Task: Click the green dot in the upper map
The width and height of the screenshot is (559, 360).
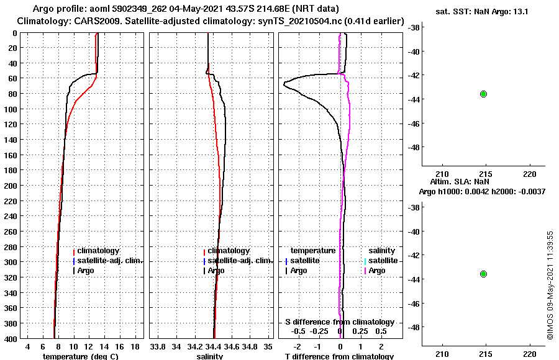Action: coord(483,94)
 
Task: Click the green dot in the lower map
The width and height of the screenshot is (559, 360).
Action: coord(483,274)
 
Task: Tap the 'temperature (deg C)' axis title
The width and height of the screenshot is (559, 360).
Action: coord(80,356)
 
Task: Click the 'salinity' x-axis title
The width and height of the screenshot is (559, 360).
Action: coord(209,356)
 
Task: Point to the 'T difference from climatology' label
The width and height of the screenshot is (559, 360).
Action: coord(339,356)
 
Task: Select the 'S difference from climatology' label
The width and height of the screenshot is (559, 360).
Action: coord(339,322)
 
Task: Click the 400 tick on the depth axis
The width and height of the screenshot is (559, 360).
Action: coord(14,338)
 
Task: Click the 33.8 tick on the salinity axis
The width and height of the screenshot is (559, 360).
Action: coord(158,346)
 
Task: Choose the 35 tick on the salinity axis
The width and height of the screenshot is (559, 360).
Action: coord(268,346)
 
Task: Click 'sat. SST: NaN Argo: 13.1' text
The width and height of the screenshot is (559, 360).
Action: coord(483,11)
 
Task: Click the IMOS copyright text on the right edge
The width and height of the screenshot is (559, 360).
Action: coord(550,285)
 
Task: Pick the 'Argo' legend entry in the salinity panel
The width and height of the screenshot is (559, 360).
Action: coord(216,271)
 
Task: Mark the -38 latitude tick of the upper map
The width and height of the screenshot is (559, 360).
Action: coord(413,27)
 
